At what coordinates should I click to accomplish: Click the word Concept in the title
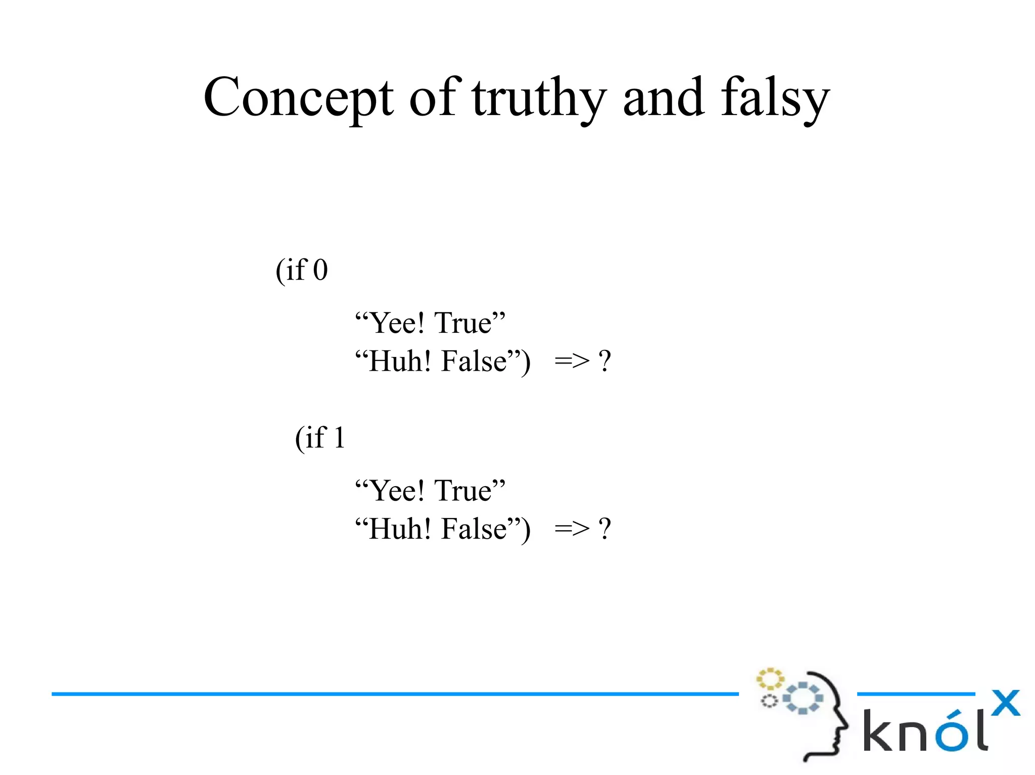(298, 97)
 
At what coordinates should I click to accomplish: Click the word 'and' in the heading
(663, 97)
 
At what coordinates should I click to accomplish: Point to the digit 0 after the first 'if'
(320, 270)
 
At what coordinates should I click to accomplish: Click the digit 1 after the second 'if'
(339, 438)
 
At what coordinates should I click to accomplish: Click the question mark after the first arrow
(605, 361)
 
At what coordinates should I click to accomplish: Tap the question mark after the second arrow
(605, 529)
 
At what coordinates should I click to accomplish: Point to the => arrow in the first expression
(572, 361)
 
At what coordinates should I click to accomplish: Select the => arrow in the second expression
(572, 529)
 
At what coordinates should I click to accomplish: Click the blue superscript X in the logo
(1005, 703)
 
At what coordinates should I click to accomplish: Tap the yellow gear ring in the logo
(770, 679)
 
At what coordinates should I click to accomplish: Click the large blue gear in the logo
(803, 698)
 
